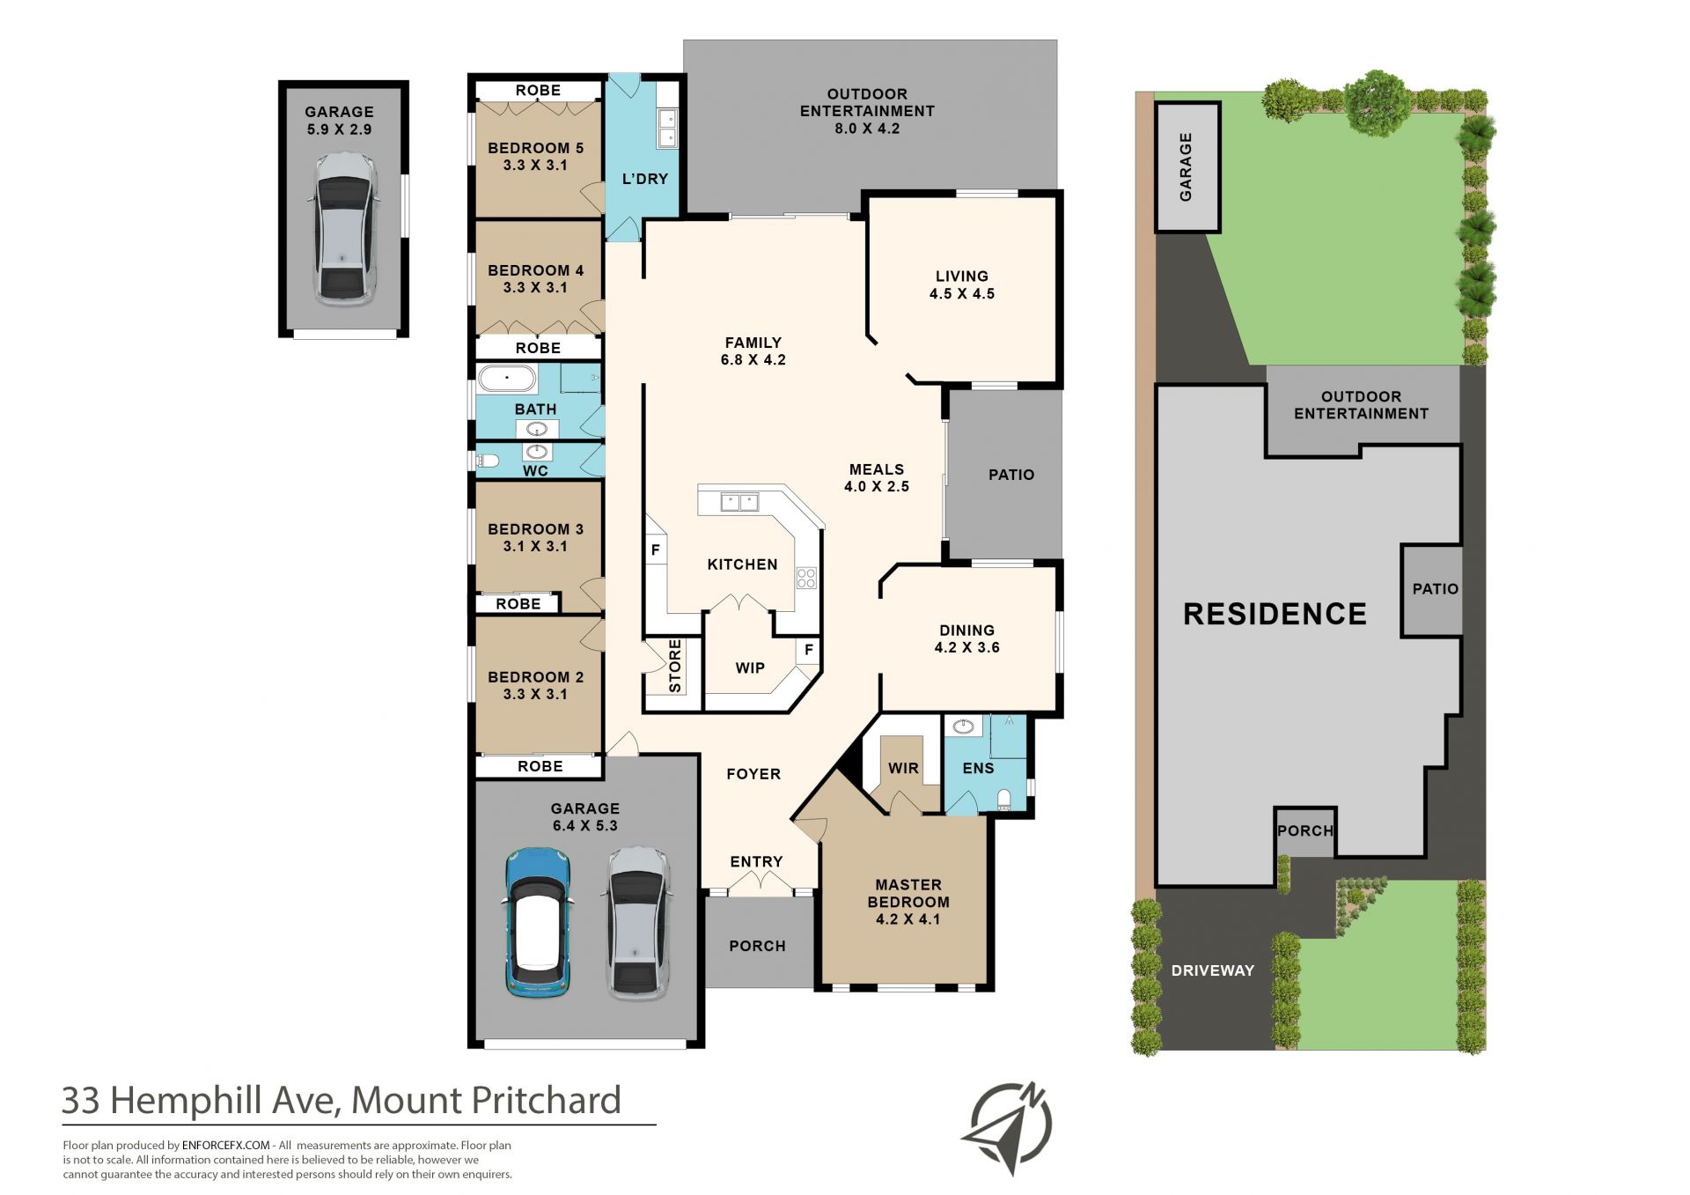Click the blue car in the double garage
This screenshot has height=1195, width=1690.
point(538,923)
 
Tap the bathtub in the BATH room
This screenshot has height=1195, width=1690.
point(507,380)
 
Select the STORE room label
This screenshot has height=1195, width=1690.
point(675,666)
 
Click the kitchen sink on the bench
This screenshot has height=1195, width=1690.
point(739,503)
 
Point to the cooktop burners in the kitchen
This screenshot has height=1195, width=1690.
point(806,578)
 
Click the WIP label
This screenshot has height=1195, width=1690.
point(750,668)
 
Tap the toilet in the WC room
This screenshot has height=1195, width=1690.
point(488,460)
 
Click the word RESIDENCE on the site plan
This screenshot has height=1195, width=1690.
point(1275,614)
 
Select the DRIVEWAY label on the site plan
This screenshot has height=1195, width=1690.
point(1212,970)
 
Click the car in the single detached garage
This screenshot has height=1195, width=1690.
point(344,229)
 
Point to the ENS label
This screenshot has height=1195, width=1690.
point(978,768)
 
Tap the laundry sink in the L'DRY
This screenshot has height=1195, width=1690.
point(666,128)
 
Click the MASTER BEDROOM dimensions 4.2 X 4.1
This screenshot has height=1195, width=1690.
point(908,919)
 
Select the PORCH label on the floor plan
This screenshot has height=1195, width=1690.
point(757,946)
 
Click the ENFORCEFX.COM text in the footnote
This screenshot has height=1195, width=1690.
point(225,1146)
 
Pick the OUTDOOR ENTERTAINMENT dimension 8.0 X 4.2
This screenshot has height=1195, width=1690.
point(867,129)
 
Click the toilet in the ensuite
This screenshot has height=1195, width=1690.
point(1004,799)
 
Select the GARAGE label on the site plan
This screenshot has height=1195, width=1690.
point(1186,166)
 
